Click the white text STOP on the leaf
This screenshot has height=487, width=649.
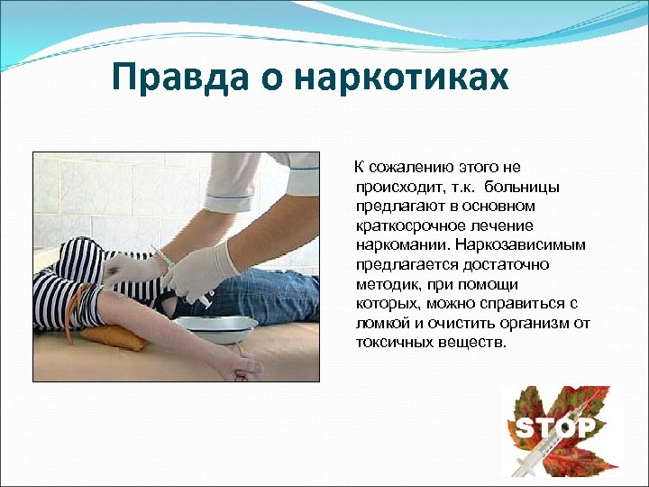[553, 427]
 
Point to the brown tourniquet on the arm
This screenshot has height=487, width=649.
[87, 302]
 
